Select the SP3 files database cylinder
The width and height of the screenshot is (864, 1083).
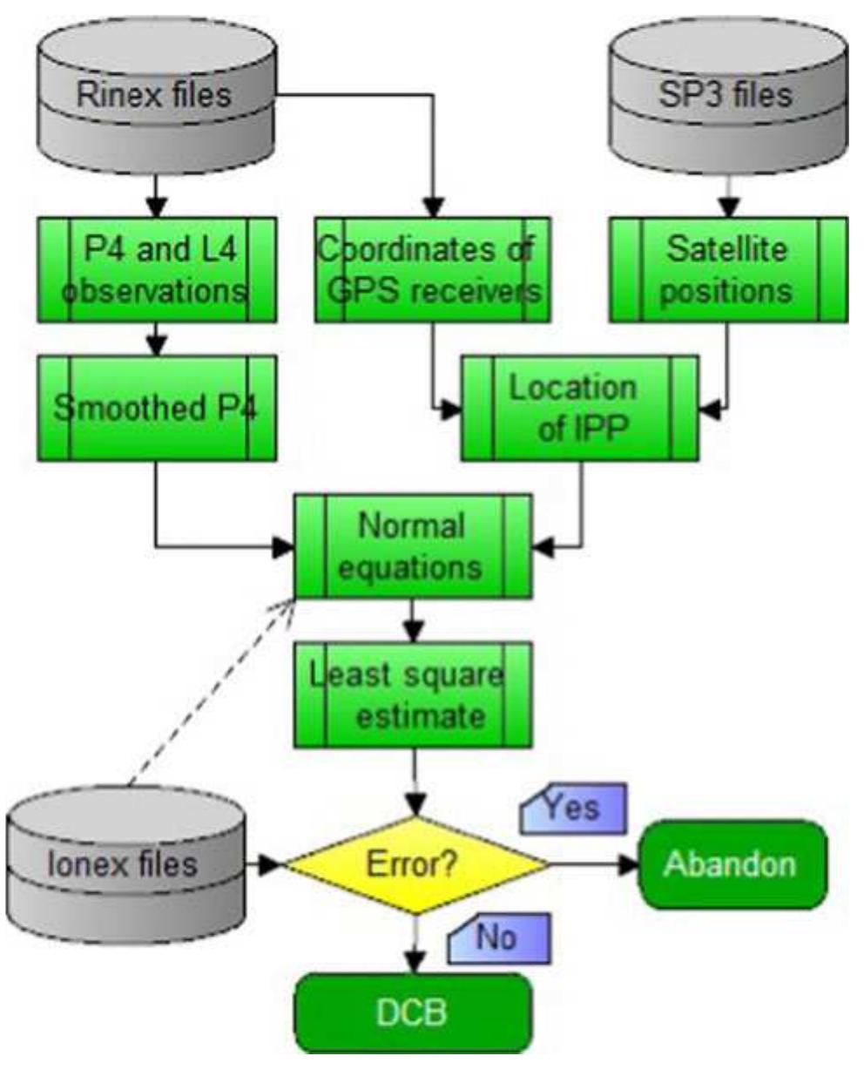tap(727, 94)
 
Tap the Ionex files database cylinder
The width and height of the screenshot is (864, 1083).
tap(125, 863)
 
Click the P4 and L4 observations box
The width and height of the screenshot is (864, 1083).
tap(157, 270)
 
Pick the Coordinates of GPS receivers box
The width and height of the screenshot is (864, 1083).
tap(433, 270)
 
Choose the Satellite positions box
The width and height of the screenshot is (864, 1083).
tap(727, 270)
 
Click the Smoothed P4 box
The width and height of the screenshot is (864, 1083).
tap(157, 408)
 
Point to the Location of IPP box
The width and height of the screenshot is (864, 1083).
tap(579, 408)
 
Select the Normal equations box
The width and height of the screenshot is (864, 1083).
tap(412, 546)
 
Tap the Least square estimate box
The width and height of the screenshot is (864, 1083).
tap(412, 695)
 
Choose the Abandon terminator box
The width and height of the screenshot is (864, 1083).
tap(732, 864)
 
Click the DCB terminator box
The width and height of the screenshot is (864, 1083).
tap(412, 1012)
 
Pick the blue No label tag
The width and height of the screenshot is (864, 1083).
tap(498, 938)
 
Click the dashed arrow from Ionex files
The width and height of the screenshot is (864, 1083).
tap(209, 693)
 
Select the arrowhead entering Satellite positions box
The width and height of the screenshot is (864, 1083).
tap(728, 207)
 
